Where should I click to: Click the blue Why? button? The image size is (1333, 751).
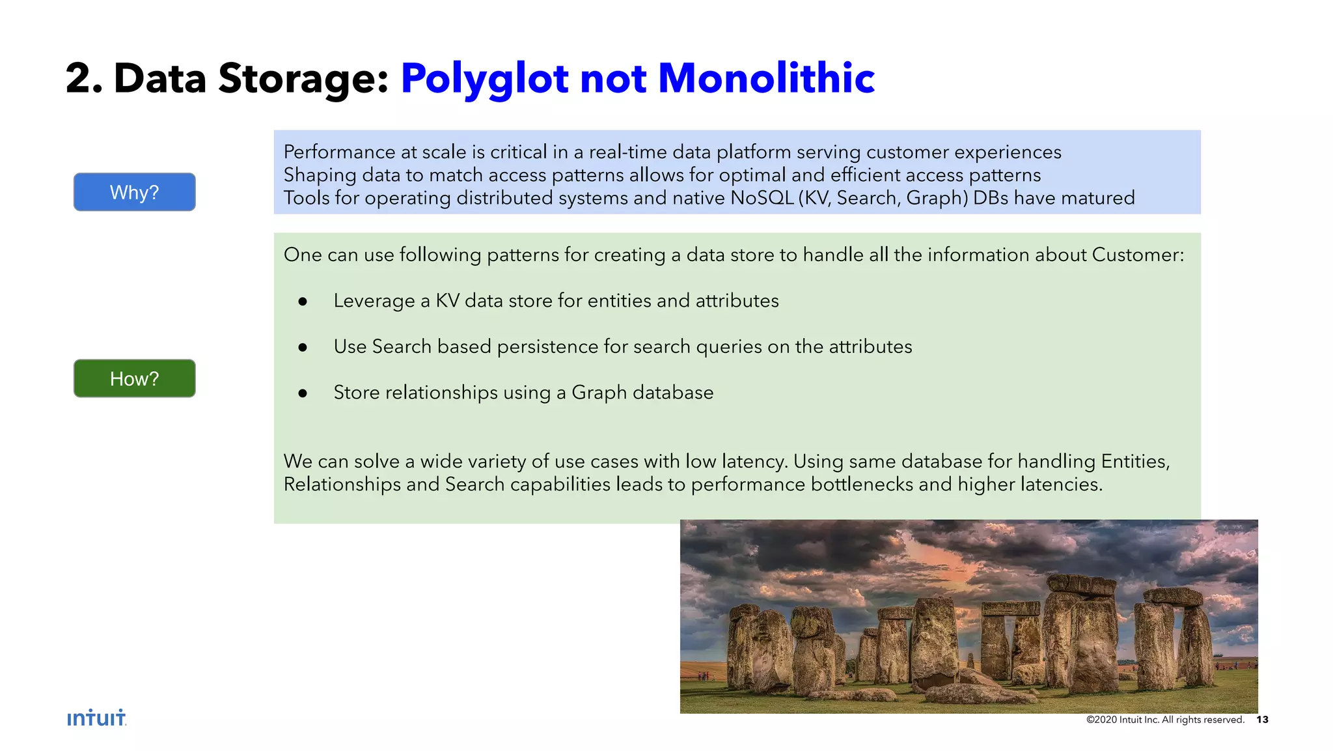134,192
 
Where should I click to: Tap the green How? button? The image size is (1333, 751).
134,378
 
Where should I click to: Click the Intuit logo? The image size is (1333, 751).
96,718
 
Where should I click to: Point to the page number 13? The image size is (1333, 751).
1262,720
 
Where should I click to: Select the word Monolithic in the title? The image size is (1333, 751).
766,78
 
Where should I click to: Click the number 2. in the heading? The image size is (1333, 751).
84,78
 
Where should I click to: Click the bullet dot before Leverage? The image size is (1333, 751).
303,302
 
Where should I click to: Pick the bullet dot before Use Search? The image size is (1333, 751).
303,348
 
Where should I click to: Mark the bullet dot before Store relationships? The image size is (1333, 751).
303,393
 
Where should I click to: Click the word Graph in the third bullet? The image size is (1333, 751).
599,393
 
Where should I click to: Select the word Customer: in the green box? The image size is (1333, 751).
1138,255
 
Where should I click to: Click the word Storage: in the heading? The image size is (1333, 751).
303,78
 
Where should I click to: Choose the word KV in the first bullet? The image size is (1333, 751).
447,301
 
